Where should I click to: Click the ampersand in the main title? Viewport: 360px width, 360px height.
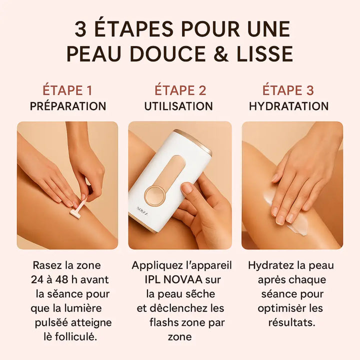(221, 53)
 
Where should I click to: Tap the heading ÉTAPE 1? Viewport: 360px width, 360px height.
(67, 90)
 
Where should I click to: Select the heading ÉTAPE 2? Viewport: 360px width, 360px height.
(180, 90)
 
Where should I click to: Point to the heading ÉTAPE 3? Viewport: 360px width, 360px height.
(288, 90)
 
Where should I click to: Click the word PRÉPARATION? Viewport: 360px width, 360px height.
(68, 106)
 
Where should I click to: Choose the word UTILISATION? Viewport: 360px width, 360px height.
(178, 106)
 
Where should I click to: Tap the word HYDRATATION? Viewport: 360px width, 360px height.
(289, 106)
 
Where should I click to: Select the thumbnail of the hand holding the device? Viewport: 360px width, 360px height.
(180, 185)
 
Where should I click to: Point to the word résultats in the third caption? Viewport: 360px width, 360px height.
(292, 322)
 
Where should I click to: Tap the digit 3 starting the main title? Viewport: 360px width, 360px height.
(80, 29)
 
